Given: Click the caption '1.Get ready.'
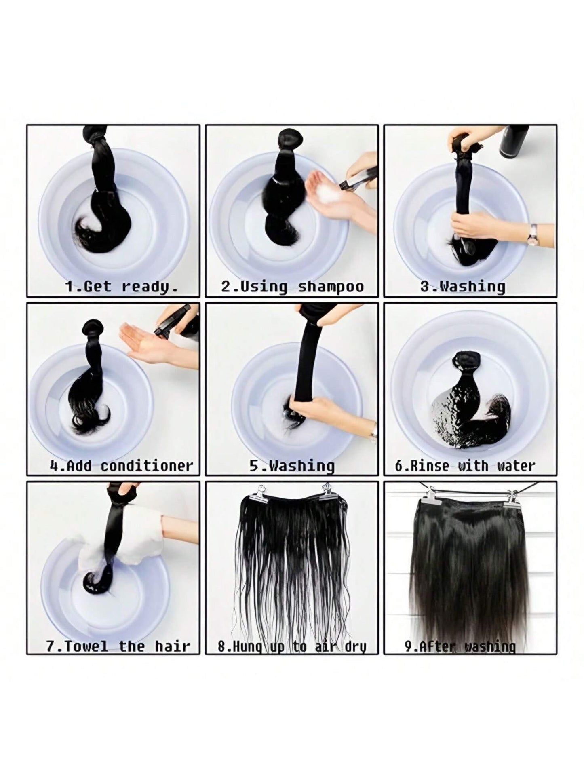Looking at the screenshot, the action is (x=121, y=287).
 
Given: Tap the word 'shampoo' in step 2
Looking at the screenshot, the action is (x=331, y=287).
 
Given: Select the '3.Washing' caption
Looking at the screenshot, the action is (x=463, y=287).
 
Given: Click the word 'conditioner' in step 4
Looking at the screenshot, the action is (x=147, y=466).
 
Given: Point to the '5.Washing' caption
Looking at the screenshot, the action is (x=292, y=466).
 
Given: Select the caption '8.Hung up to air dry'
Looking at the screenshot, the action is (x=292, y=646).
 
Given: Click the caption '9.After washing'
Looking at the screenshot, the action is (x=460, y=646).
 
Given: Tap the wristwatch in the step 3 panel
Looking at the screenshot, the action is (x=532, y=233).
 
